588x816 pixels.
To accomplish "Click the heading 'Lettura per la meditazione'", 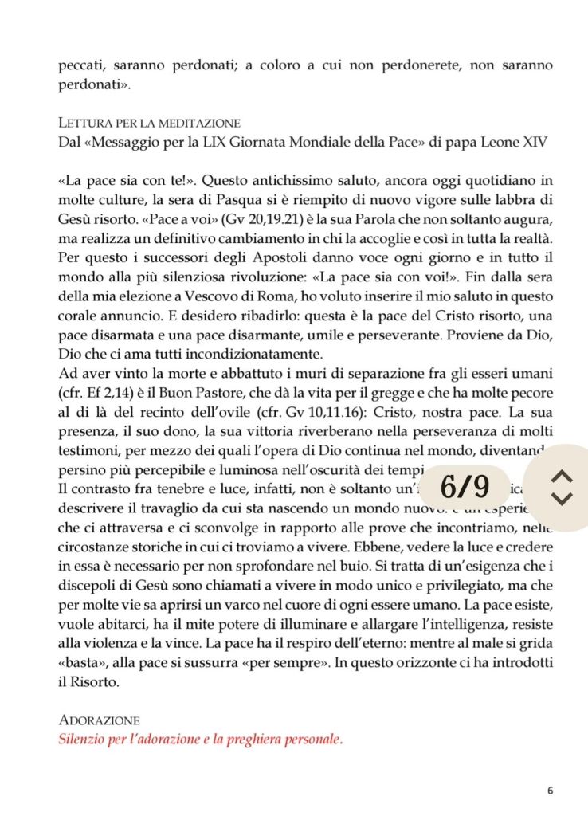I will point(150,124).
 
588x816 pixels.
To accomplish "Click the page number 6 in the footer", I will point(550,790).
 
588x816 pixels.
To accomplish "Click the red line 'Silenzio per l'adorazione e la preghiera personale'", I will point(201,739).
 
